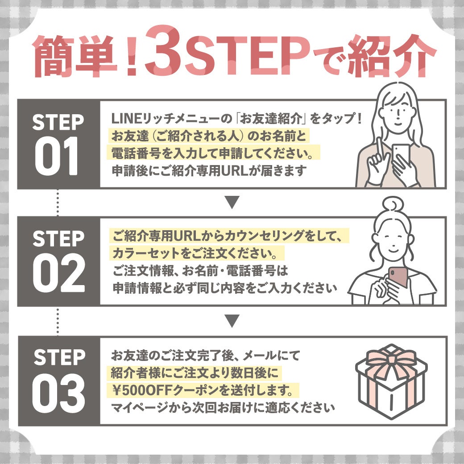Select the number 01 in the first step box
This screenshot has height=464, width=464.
click(x=56, y=156)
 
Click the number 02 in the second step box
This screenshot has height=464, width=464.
click(x=58, y=273)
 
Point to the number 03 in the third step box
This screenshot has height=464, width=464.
click(x=58, y=393)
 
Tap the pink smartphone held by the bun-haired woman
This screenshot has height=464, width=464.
click(x=398, y=277)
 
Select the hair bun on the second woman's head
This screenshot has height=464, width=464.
click(x=392, y=204)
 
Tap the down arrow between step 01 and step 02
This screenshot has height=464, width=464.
click(x=232, y=202)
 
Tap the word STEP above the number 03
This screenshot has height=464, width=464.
click(x=59, y=357)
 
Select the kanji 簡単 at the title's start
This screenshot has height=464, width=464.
click(x=75, y=56)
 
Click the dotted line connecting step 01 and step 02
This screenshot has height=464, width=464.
click(x=58, y=203)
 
